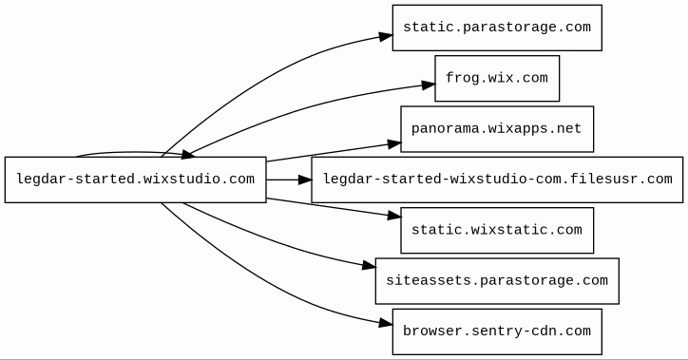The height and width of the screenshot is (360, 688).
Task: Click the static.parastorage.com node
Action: (x=497, y=28)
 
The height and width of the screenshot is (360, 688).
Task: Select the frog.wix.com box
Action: (x=497, y=79)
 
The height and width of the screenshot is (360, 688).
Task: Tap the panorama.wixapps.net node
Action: (x=497, y=129)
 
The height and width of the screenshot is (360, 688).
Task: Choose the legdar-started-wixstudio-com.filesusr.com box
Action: (x=497, y=180)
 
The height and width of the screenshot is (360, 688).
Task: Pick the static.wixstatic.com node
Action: (x=497, y=230)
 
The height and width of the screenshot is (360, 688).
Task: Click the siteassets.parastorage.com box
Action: (x=497, y=281)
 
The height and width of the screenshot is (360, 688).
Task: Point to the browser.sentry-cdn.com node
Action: (x=497, y=332)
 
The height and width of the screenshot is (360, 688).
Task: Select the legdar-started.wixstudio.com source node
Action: (x=136, y=180)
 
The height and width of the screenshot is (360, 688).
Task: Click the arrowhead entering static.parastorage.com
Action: (x=386, y=36)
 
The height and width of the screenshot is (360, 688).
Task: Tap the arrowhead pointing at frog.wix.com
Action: (x=429, y=85)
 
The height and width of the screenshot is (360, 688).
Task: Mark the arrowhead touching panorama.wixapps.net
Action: (x=394, y=143)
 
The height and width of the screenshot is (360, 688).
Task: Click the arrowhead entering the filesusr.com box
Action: (x=304, y=180)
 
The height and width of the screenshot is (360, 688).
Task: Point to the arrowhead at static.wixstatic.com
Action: (x=394, y=216)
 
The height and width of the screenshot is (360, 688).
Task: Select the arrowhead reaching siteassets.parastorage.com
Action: (x=369, y=265)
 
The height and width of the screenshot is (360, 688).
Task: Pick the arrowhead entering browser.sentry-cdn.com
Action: (x=386, y=324)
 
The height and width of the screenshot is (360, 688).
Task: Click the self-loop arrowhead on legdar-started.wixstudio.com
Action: (x=188, y=154)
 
